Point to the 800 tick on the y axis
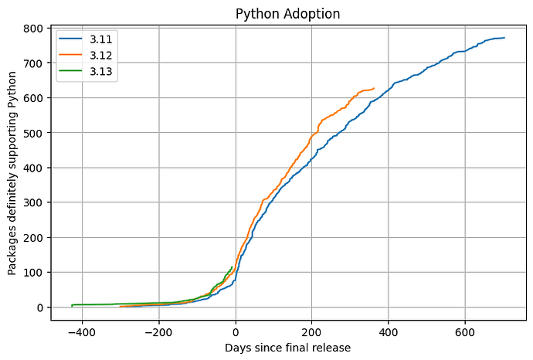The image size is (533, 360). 32,28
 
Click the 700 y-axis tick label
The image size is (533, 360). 32,63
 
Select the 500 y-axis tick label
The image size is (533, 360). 32,133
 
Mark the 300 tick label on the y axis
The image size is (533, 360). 32,202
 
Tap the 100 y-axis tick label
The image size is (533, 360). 32,273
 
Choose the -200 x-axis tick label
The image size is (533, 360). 158,332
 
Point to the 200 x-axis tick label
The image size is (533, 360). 312,332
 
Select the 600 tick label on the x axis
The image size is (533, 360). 465,332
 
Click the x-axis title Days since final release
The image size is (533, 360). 287,348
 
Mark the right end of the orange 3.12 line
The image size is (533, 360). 374,88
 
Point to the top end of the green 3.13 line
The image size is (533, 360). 232,267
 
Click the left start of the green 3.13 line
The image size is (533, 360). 72,306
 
